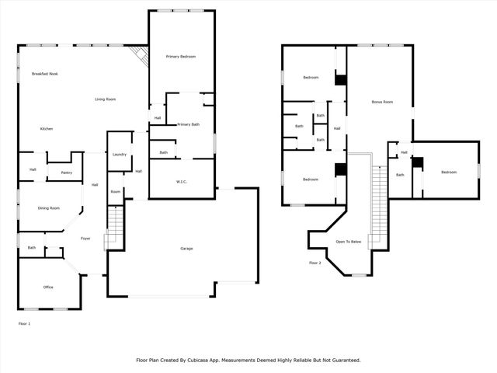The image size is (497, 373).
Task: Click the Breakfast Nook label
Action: click(x=45, y=74)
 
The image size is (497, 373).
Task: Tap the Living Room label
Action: click(x=106, y=99)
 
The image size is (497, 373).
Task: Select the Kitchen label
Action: click(x=47, y=128)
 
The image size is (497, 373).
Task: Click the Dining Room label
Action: click(x=50, y=208)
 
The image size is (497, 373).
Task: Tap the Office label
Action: click(x=48, y=288)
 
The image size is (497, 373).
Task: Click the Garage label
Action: click(x=186, y=249)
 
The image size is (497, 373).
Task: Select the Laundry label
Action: click(x=119, y=155)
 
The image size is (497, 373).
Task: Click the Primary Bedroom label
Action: click(x=181, y=58)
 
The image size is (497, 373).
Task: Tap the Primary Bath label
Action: click(x=189, y=124)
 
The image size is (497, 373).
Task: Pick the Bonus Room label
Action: click(x=382, y=102)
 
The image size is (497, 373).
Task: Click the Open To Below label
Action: click(x=349, y=242)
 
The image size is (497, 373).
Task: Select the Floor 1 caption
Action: click(x=24, y=322)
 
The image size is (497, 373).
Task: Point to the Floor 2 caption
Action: click(x=315, y=263)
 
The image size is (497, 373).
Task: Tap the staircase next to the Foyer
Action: click(x=113, y=226)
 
